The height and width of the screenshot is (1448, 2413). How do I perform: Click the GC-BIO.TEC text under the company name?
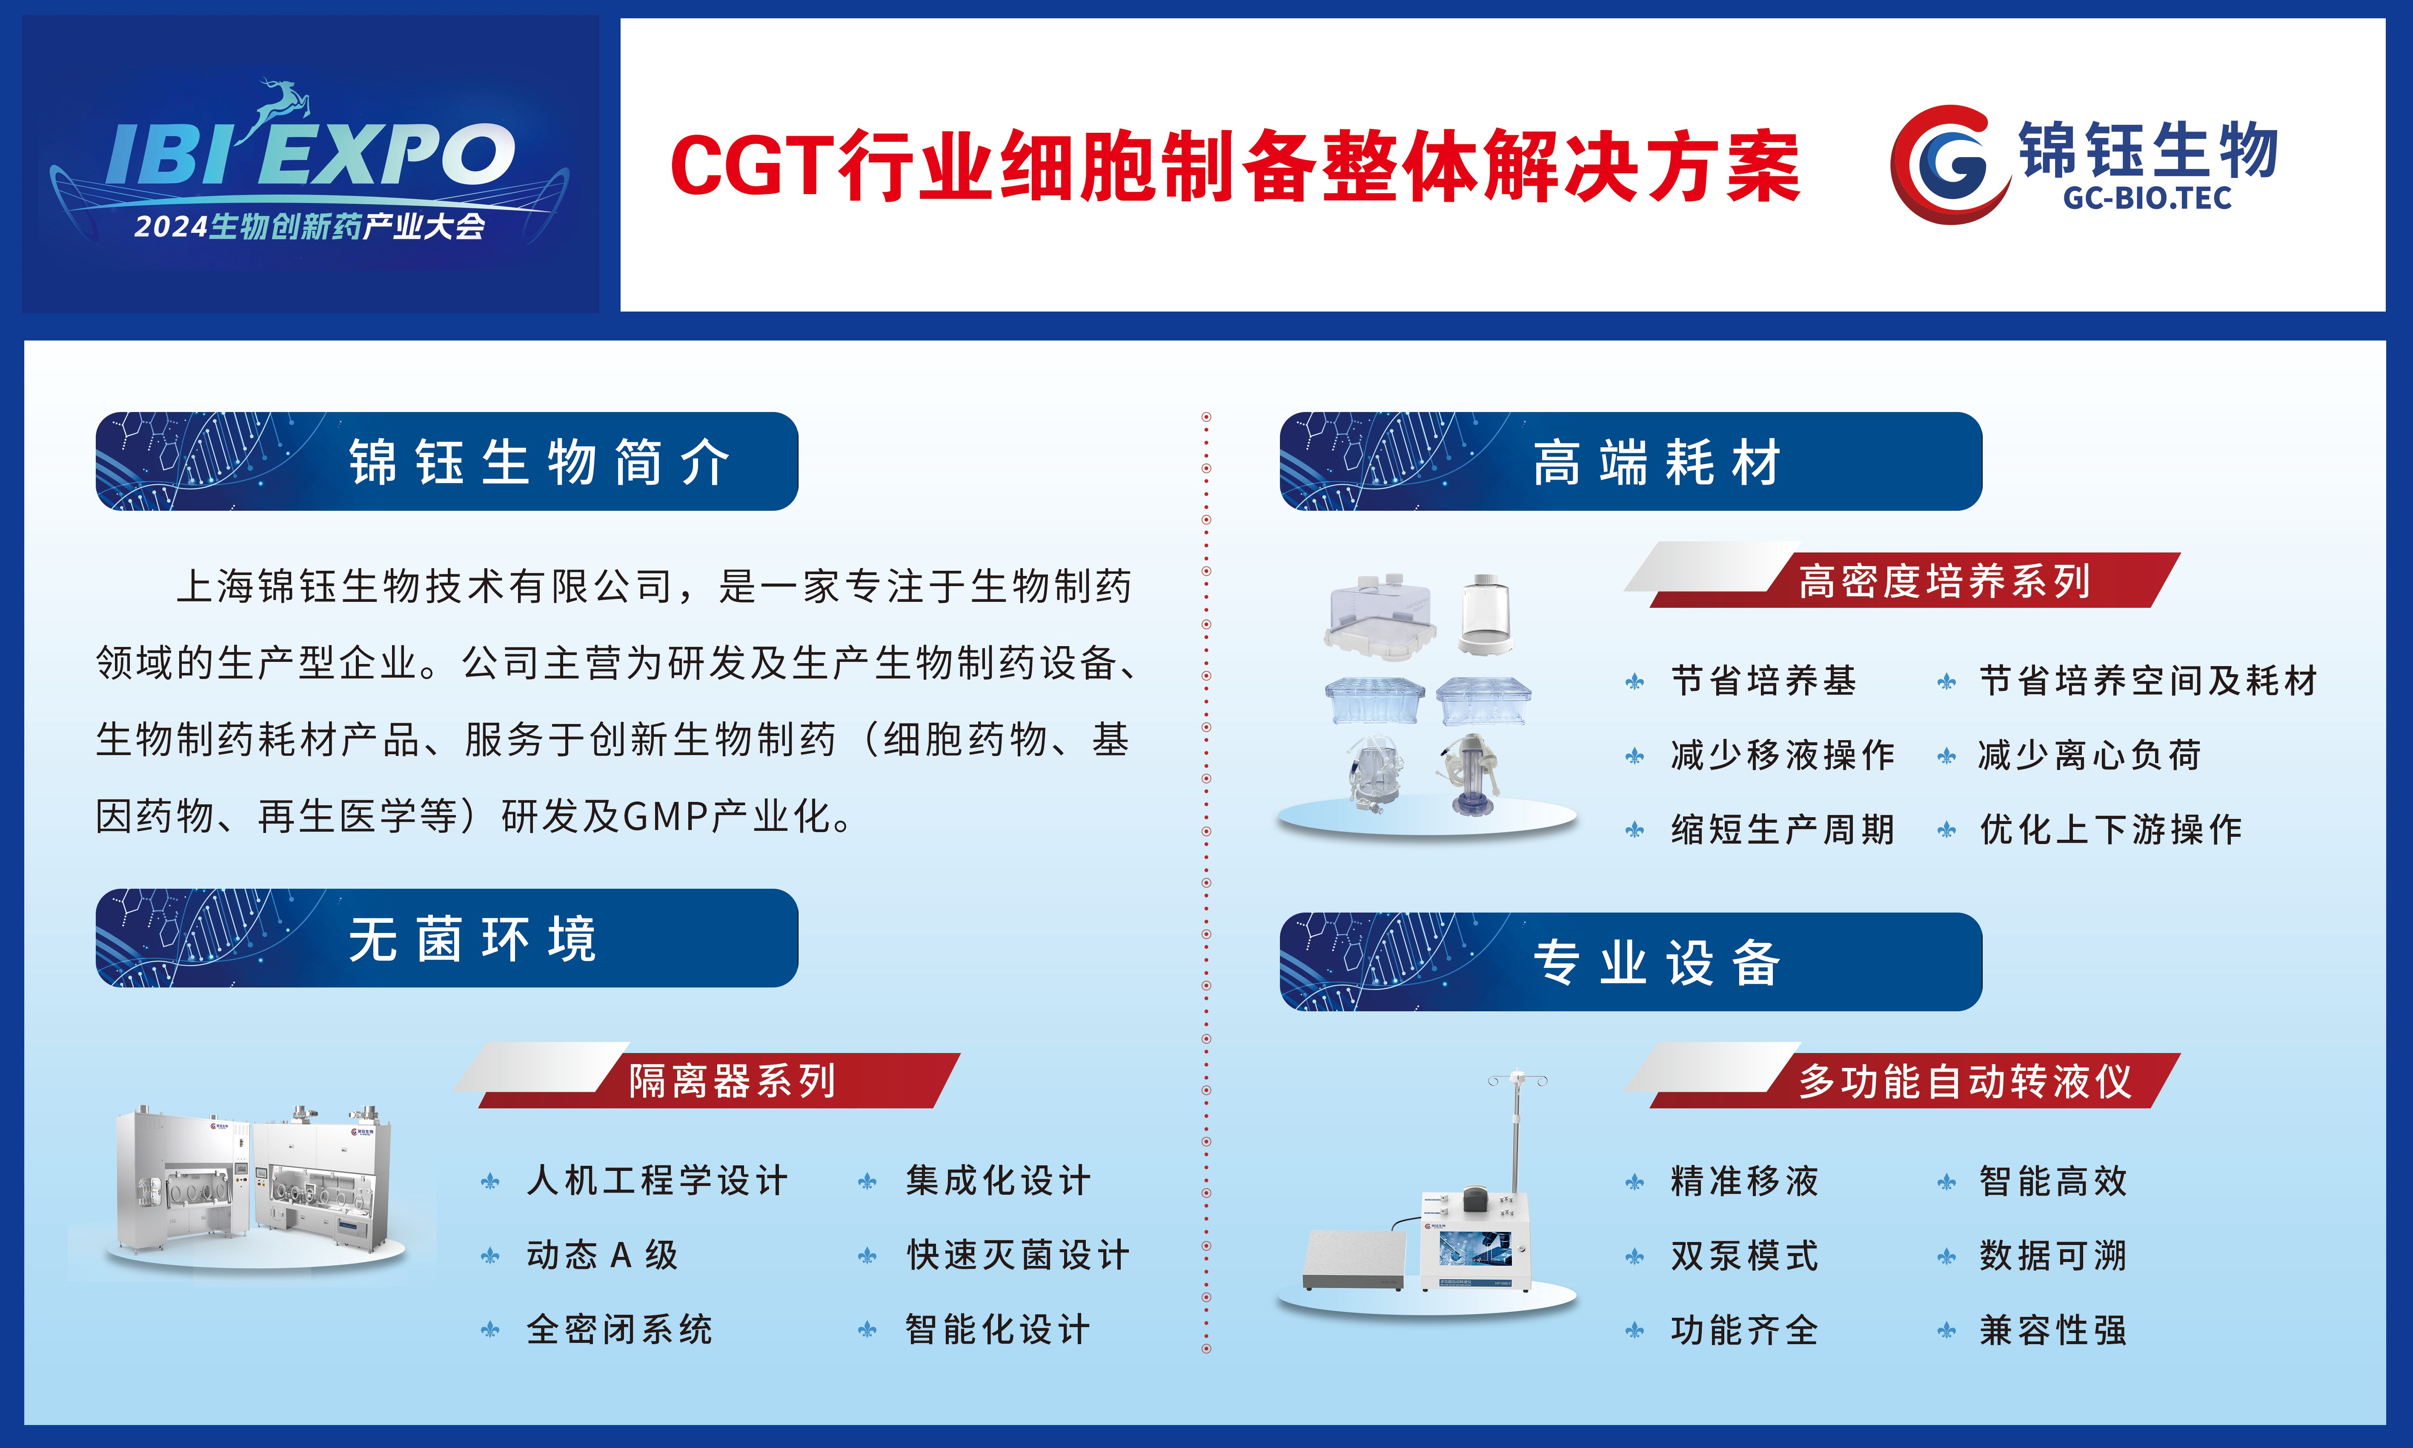(2147, 198)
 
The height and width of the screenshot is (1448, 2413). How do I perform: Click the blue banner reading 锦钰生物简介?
(447, 461)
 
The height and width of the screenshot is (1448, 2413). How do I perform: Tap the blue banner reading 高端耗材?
(1631, 461)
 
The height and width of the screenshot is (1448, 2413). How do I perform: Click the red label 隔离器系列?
(732, 1080)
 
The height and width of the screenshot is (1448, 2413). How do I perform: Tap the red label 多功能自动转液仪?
(1964, 1080)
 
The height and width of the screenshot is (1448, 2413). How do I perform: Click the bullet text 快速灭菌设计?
(1018, 1255)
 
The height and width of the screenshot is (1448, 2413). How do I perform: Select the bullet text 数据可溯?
(2053, 1255)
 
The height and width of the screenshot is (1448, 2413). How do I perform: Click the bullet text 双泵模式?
(1745, 1255)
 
